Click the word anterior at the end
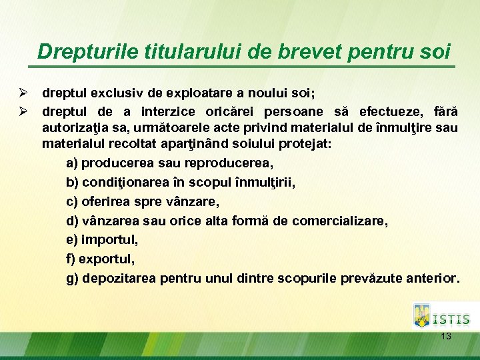tap(433, 278)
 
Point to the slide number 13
tap(446, 337)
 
